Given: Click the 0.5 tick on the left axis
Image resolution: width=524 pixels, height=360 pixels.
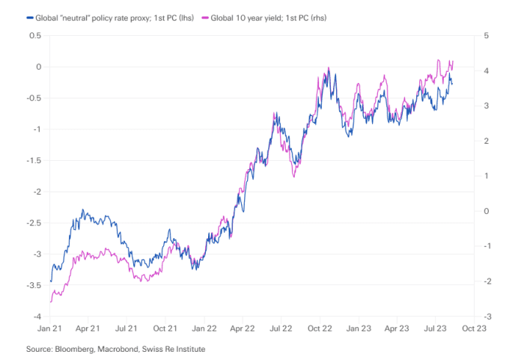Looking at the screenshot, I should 34,35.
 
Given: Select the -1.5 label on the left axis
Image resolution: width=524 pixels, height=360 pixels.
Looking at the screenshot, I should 31,161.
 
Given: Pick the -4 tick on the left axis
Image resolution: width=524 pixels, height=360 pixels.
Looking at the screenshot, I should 36,317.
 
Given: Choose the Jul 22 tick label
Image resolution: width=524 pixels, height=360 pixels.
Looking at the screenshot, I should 281,329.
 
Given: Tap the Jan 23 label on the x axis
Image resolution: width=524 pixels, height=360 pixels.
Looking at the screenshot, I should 359,329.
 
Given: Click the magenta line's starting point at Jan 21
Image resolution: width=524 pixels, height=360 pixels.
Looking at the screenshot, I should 50,302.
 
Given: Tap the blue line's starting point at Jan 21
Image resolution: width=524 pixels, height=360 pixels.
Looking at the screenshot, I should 50,281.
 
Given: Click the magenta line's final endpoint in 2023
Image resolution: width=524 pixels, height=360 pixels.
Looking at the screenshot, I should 454,61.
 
